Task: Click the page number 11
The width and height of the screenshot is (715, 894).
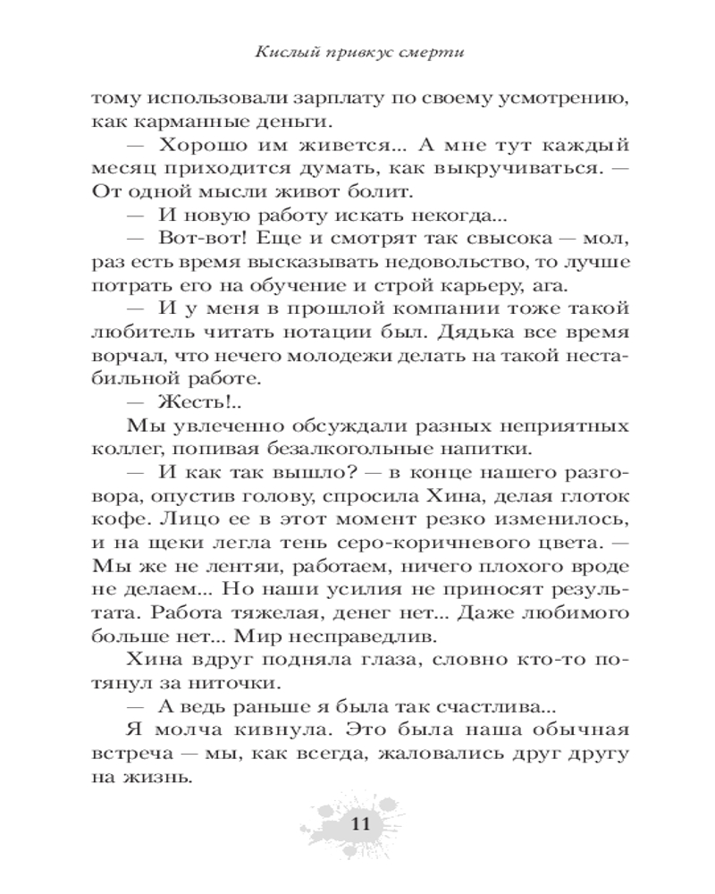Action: [358, 823]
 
